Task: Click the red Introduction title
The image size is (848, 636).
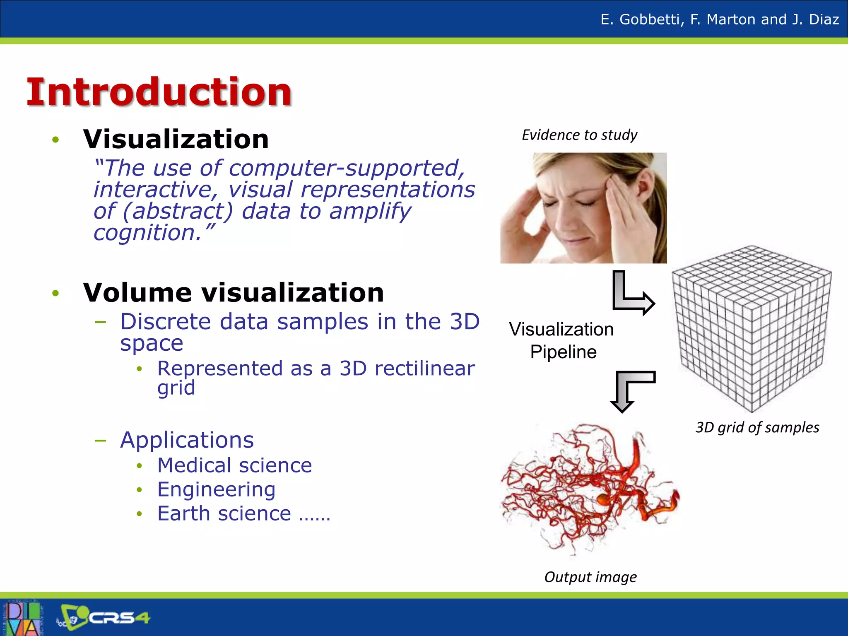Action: tap(159, 92)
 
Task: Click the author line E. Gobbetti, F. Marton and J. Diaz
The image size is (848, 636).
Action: tap(720, 19)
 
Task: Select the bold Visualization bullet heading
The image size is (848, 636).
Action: tap(176, 139)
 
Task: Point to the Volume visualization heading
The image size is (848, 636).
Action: tap(234, 293)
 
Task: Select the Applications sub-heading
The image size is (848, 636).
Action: tap(187, 440)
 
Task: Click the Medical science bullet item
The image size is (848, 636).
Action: tap(234, 465)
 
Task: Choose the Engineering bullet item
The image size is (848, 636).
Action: tap(216, 489)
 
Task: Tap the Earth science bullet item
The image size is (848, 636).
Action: tap(224, 514)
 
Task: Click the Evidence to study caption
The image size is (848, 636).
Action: tap(579, 135)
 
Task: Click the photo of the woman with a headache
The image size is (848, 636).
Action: tap(583, 208)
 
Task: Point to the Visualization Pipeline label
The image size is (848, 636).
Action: tap(562, 340)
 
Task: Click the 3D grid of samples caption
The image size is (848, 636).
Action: tap(757, 427)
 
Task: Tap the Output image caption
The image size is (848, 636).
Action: tap(590, 577)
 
